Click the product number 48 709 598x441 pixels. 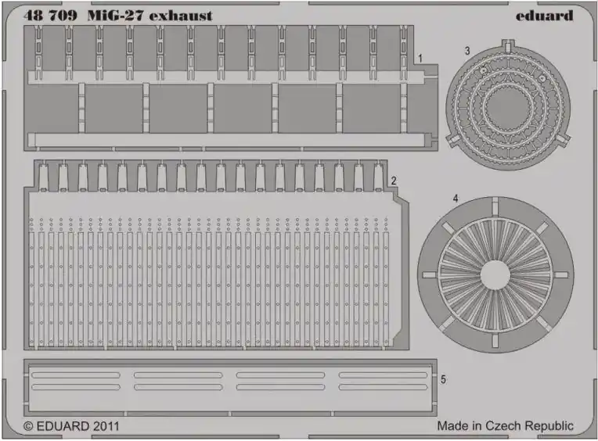coord(50,16)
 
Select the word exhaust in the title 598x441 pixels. coord(181,16)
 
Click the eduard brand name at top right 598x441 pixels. coord(544,16)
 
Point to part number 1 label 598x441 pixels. coord(420,59)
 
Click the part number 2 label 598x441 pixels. coord(394,181)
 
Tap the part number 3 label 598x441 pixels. coord(467,51)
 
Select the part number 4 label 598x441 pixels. coord(456,199)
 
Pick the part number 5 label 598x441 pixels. coord(443,379)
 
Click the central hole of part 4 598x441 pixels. coord(495,275)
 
